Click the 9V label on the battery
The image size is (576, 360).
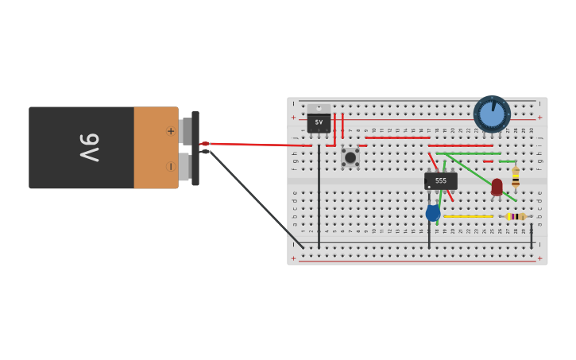88,148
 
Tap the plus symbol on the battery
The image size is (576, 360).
170,131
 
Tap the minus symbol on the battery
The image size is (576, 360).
170,166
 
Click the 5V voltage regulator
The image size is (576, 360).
319,122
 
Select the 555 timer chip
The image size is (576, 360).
440,180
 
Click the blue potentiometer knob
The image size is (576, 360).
492,114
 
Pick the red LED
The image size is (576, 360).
497,186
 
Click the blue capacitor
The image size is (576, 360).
433,212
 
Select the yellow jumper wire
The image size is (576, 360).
469,216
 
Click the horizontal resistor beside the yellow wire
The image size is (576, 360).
515,216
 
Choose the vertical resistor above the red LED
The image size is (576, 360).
516,176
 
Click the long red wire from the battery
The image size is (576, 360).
254,145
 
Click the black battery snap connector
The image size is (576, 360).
195,148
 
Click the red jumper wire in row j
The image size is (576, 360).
397,137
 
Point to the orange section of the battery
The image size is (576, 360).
155,148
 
